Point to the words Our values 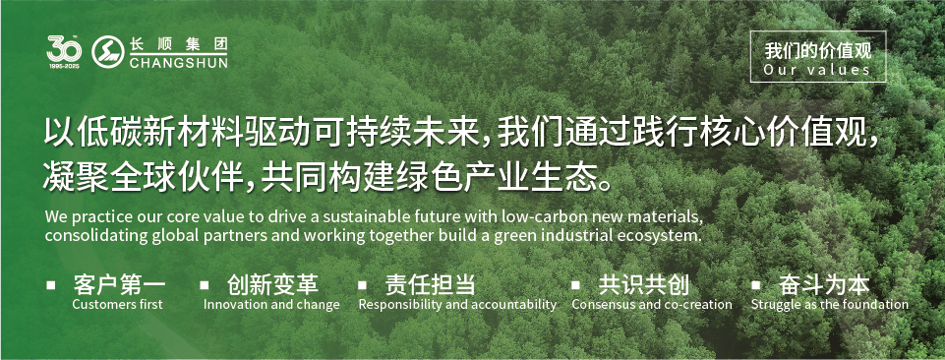(817, 70)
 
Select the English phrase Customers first (117, 305)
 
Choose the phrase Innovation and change (271, 305)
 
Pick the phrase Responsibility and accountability (457, 305)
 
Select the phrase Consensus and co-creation (652, 305)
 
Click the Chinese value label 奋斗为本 (824, 285)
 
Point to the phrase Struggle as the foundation (830, 305)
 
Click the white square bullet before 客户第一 (50, 285)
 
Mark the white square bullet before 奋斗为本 (755, 285)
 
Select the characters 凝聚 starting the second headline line (71, 177)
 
